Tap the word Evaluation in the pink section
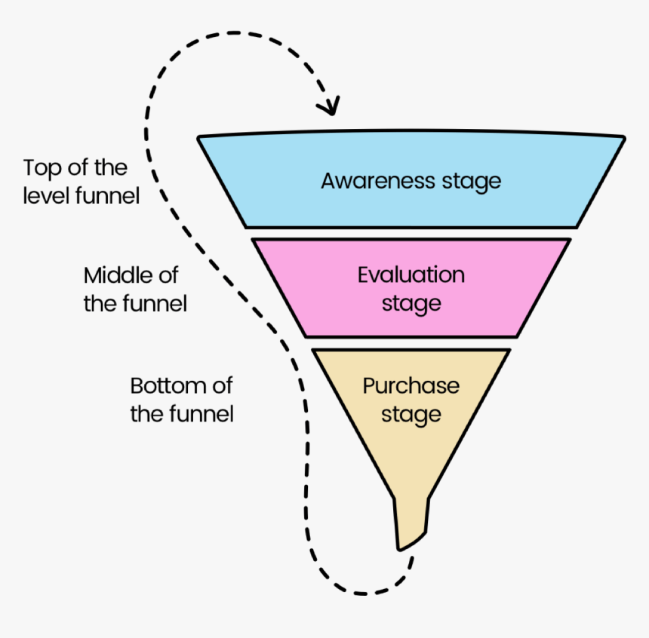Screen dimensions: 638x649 (x=411, y=275)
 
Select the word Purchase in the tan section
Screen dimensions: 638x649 (x=411, y=385)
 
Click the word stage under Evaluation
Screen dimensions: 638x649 (x=411, y=304)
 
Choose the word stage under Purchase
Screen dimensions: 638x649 (x=411, y=415)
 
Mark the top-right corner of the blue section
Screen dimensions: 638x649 (x=623, y=138)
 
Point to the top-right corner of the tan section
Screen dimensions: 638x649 (x=509, y=351)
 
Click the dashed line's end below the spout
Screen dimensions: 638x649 (x=411, y=559)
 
